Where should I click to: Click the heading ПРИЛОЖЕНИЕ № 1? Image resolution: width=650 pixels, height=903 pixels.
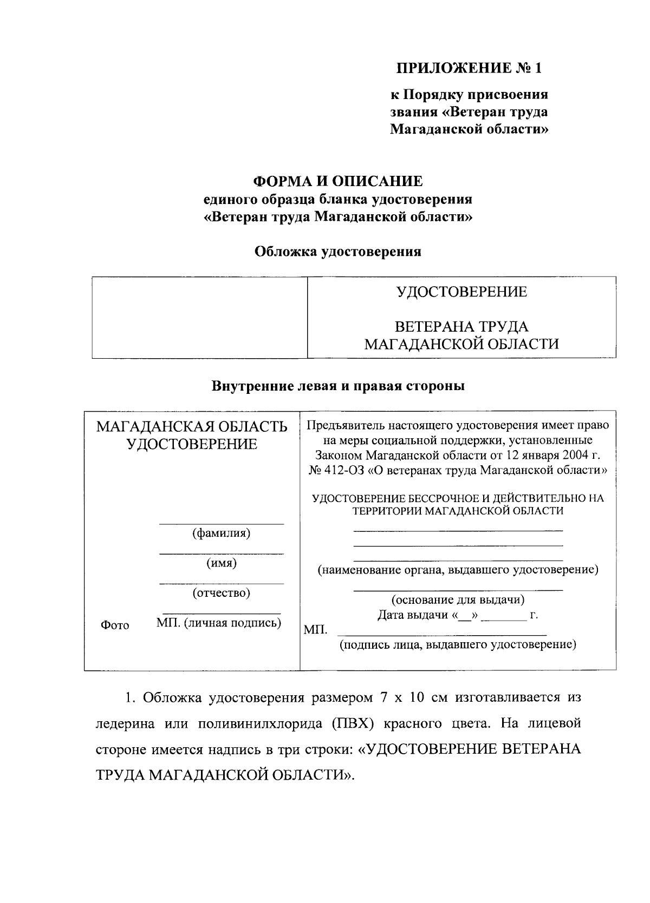pyautogui.click(x=469, y=68)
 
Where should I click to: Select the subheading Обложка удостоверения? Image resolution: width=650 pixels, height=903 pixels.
pyautogui.click(x=337, y=252)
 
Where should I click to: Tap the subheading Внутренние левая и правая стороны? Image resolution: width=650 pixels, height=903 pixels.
pyautogui.click(x=338, y=386)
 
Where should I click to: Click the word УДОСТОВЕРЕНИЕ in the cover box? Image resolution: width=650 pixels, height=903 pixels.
pyautogui.click(x=461, y=292)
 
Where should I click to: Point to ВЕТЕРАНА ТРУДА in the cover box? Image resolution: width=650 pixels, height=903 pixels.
pyautogui.click(x=461, y=327)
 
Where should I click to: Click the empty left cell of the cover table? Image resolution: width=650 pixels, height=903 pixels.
pyautogui.click(x=199, y=317)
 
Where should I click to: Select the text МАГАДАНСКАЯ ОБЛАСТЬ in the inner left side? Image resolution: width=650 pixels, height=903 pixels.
pyautogui.click(x=192, y=426)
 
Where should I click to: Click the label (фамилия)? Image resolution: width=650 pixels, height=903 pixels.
pyautogui.click(x=221, y=533)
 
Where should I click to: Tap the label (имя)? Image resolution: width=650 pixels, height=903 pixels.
pyautogui.click(x=221, y=563)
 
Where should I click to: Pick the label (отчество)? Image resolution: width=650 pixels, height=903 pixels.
pyautogui.click(x=221, y=593)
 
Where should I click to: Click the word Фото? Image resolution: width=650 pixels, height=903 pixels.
pyautogui.click(x=115, y=625)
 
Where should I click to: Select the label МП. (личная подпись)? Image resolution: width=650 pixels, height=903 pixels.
pyautogui.click(x=219, y=623)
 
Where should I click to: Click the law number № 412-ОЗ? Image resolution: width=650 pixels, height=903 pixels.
pyautogui.click(x=336, y=470)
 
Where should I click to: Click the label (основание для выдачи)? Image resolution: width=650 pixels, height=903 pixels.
pyautogui.click(x=458, y=599)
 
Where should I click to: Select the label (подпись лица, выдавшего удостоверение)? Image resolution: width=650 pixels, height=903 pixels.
pyautogui.click(x=458, y=644)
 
